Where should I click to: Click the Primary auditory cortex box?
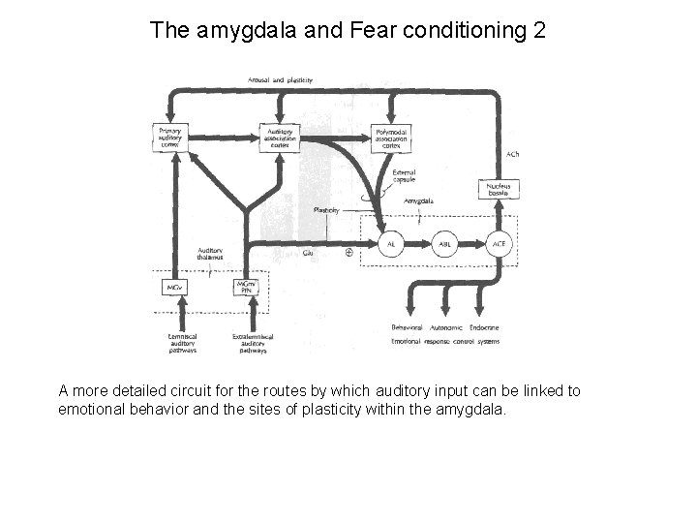pyautogui.click(x=169, y=136)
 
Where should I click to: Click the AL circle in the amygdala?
pyautogui.click(x=391, y=245)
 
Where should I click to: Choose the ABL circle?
pyautogui.click(x=445, y=245)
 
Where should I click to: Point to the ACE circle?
pyautogui.click(x=500, y=245)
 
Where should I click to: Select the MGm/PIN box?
pyautogui.click(x=255, y=289)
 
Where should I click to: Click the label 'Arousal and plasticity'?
pyautogui.click(x=280, y=79)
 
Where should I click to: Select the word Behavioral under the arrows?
pyautogui.click(x=408, y=330)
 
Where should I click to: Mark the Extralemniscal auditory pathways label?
pyautogui.click(x=254, y=343)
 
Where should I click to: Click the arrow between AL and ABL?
pyautogui.click(x=418, y=245)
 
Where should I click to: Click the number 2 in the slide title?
pyautogui.click(x=539, y=31)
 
